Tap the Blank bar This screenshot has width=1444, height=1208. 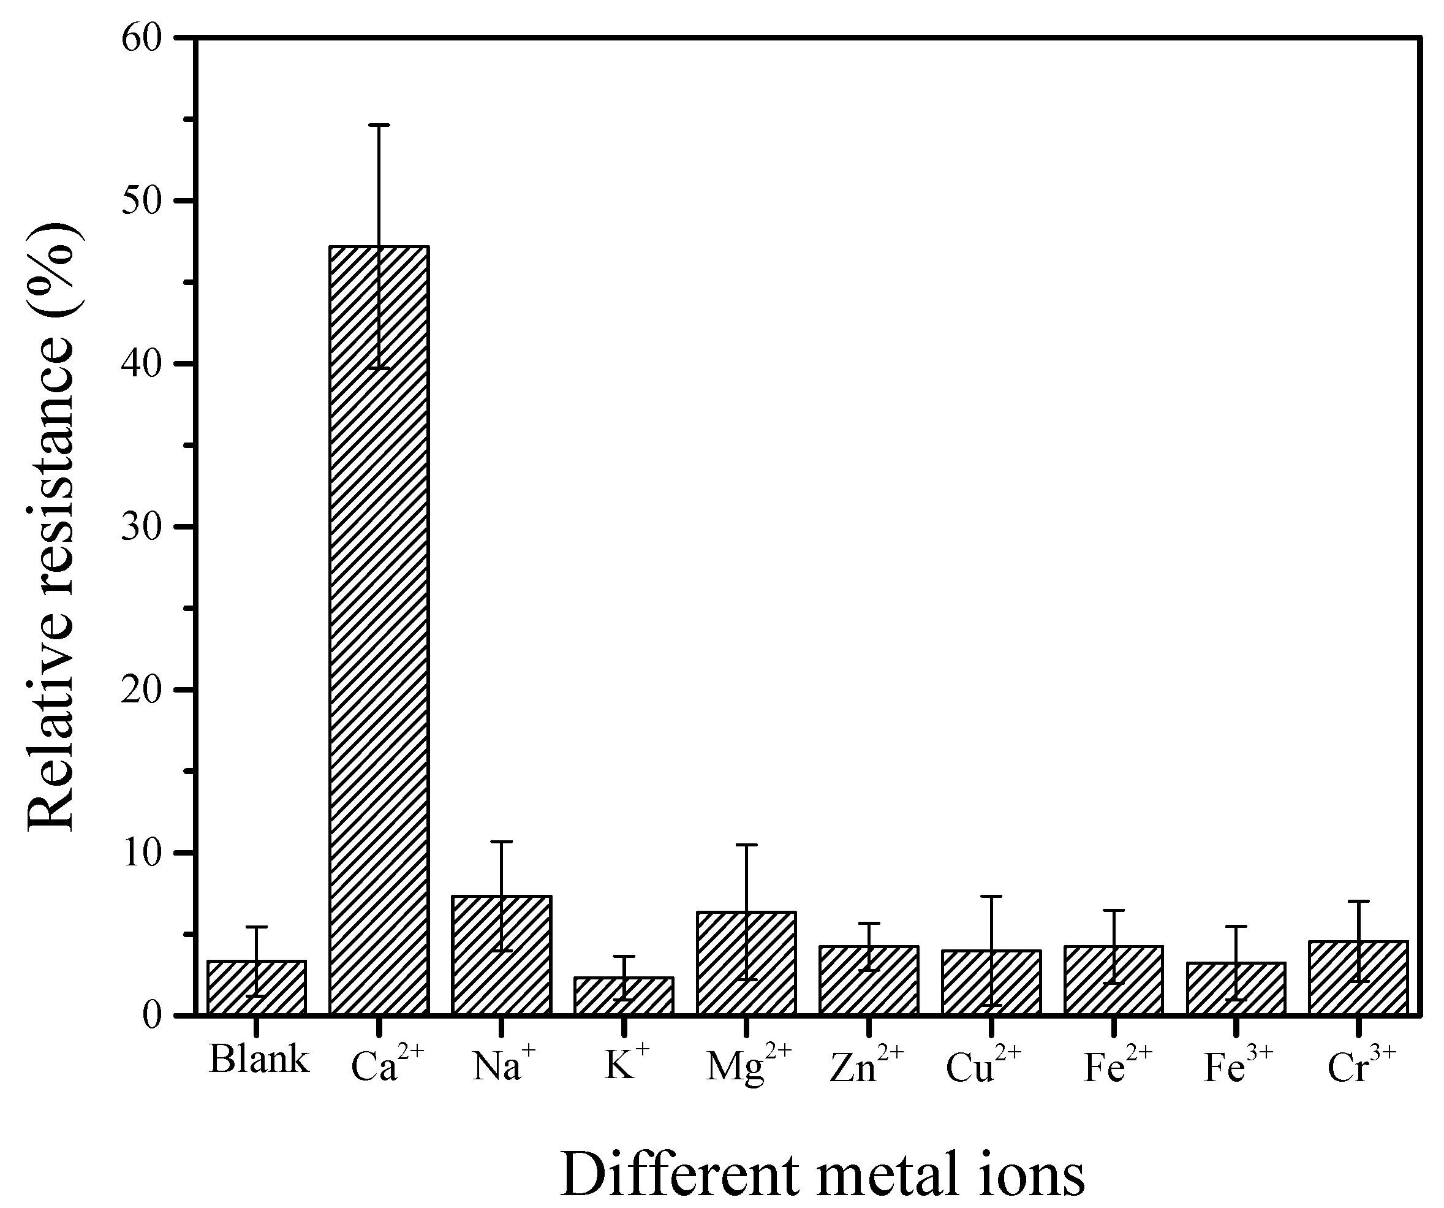pyautogui.click(x=257, y=987)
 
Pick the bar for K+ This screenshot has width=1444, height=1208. pyautogui.click(x=624, y=995)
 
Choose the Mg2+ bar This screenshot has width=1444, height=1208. pyautogui.click(x=746, y=963)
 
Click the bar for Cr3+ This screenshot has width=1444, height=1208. pyautogui.click(x=1358, y=978)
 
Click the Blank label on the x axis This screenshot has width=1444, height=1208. pyautogui.click(x=259, y=1060)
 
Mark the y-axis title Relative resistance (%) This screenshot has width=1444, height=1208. pyautogui.click(x=51, y=526)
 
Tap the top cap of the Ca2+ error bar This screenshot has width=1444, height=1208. pyautogui.click(x=379, y=125)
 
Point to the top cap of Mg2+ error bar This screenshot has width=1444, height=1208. pyautogui.click(x=746, y=845)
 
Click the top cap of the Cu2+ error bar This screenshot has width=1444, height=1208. pyautogui.click(x=991, y=897)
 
